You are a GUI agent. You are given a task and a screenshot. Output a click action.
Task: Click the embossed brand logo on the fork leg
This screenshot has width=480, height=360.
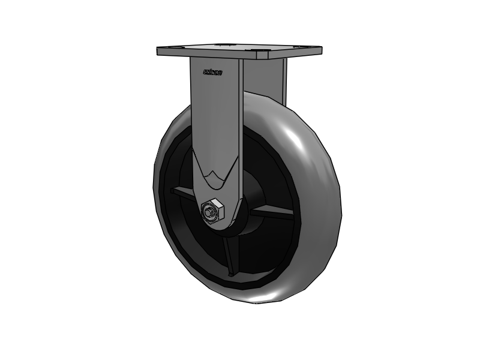(x=212, y=73)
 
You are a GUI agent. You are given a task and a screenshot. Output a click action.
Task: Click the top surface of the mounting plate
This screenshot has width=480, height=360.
(x=240, y=47)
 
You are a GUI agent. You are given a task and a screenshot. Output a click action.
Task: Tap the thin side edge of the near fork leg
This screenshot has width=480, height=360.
(x=240, y=120)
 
